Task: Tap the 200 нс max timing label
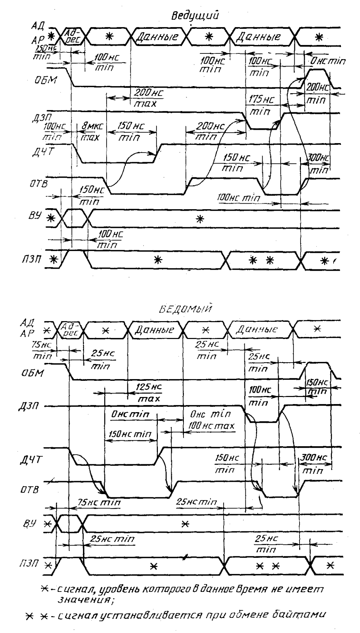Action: click(x=148, y=98)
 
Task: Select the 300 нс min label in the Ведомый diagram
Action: click(x=314, y=463)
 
